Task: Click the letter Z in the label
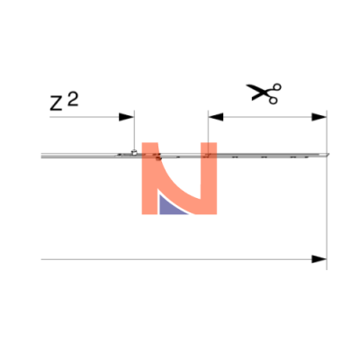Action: (56, 104)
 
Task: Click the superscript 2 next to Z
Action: (73, 99)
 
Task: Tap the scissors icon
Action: (264, 94)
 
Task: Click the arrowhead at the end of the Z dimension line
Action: (126, 117)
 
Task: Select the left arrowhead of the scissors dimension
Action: (216, 117)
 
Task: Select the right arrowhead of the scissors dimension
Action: (319, 117)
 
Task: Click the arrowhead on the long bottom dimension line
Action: (319, 259)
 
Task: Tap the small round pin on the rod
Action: (134, 152)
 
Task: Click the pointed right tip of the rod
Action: (328, 154)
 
